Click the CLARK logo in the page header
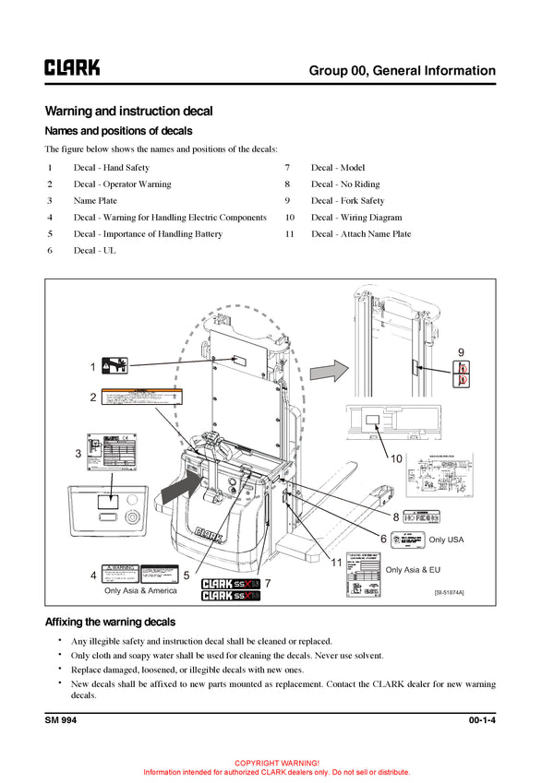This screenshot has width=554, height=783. click(x=72, y=67)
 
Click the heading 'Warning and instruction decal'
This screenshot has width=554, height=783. click(x=128, y=111)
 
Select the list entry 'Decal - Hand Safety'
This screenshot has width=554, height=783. click(x=112, y=168)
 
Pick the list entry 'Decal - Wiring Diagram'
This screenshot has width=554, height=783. click(x=356, y=218)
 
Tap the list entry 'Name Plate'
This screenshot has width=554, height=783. click(x=95, y=201)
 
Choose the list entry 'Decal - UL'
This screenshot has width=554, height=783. click(x=95, y=251)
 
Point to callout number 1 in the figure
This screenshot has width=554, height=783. click(x=93, y=367)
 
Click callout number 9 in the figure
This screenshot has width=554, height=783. click(x=461, y=350)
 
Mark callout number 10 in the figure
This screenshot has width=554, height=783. click(x=396, y=457)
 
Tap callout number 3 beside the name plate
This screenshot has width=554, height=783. click(x=79, y=453)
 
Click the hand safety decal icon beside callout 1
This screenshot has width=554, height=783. click(x=115, y=366)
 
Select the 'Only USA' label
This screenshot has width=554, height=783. click(x=446, y=540)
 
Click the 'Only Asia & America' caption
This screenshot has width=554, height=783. click(x=139, y=591)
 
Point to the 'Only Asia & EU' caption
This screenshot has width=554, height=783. click(x=413, y=570)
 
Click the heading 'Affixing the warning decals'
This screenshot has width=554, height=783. click(x=110, y=623)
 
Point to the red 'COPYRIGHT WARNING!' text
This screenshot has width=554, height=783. click(x=277, y=764)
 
